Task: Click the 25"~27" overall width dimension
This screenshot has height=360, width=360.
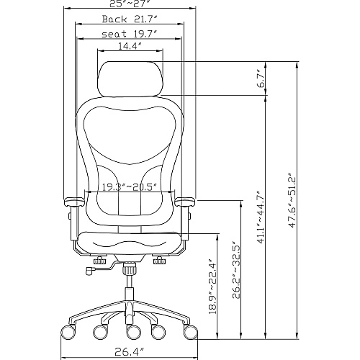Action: click(130, 4)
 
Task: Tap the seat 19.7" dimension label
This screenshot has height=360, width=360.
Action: click(130, 34)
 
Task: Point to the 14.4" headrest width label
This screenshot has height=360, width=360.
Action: click(130, 46)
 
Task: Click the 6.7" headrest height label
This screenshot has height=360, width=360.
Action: click(261, 78)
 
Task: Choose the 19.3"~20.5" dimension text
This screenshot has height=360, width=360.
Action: click(130, 186)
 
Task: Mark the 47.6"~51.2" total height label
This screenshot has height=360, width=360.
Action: click(292, 199)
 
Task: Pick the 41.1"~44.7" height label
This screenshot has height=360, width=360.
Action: click(261, 217)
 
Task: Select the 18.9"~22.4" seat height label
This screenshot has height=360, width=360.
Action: click(213, 287)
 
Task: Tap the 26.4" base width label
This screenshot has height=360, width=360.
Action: click(130, 352)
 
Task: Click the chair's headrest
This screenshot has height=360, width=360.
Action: click(131, 78)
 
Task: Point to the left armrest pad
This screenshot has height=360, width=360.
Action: click(74, 202)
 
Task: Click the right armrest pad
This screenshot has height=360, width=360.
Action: click(185, 202)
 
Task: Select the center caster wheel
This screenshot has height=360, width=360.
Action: click(134, 332)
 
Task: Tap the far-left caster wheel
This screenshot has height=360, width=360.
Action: click(68, 332)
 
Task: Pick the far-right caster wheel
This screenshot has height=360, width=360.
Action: click(191, 332)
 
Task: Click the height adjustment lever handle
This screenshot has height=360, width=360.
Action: click(90, 271)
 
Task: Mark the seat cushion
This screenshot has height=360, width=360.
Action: click(130, 243)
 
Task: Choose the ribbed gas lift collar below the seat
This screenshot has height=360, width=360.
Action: click(130, 269)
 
